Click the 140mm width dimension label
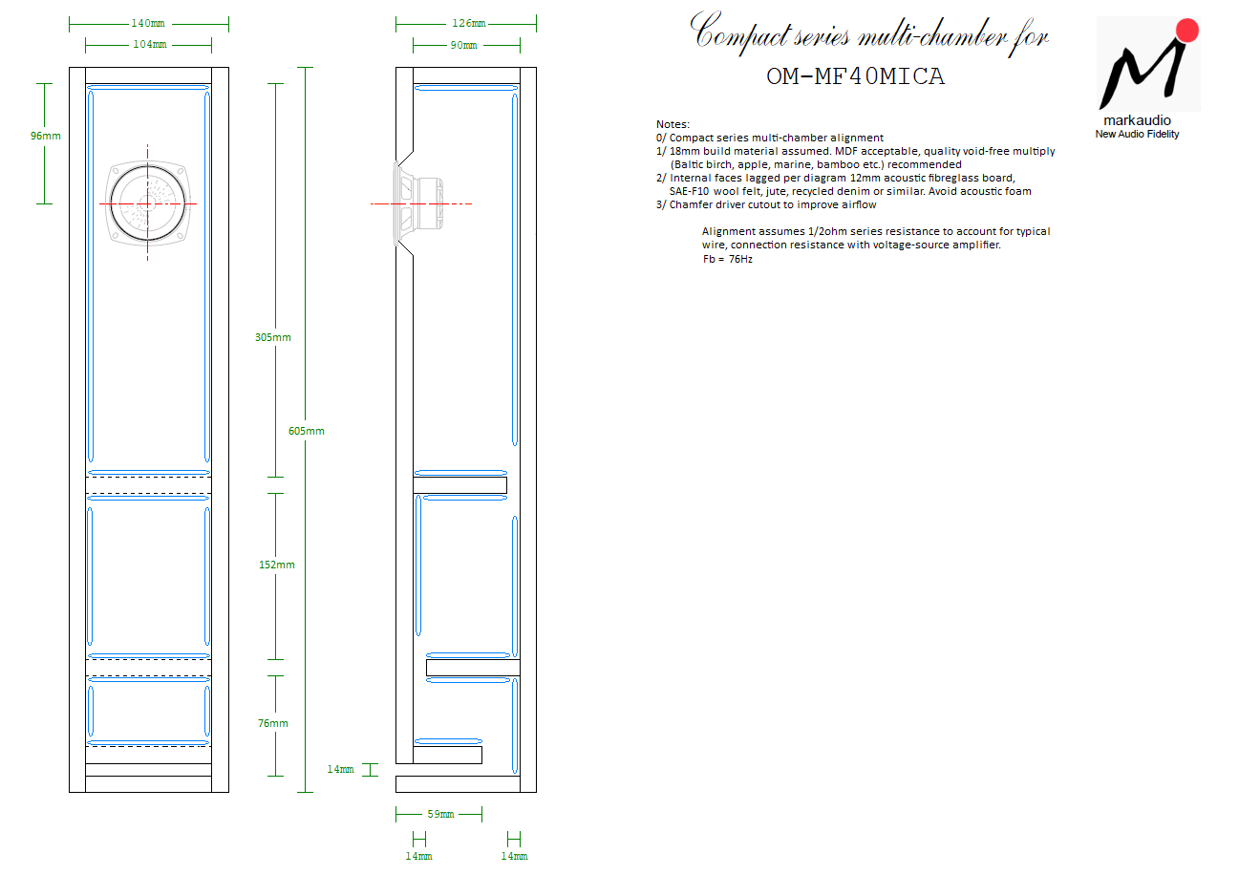(x=148, y=23)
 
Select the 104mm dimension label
(x=148, y=44)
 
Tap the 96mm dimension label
(x=45, y=136)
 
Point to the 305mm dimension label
(x=275, y=337)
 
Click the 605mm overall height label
(x=306, y=431)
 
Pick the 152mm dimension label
(x=277, y=565)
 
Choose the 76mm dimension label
(x=273, y=723)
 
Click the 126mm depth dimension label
(x=467, y=23)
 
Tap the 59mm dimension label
(x=440, y=814)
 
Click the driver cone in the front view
(x=147, y=203)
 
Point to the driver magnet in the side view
(x=428, y=203)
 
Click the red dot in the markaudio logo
(x=1187, y=30)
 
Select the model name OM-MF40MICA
(x=855, y=77)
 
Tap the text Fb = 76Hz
(x=727, y=259)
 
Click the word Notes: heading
(x=673, y=124)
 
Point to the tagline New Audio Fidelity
(x=1137, y=135)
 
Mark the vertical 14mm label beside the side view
(x=341, y=769)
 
